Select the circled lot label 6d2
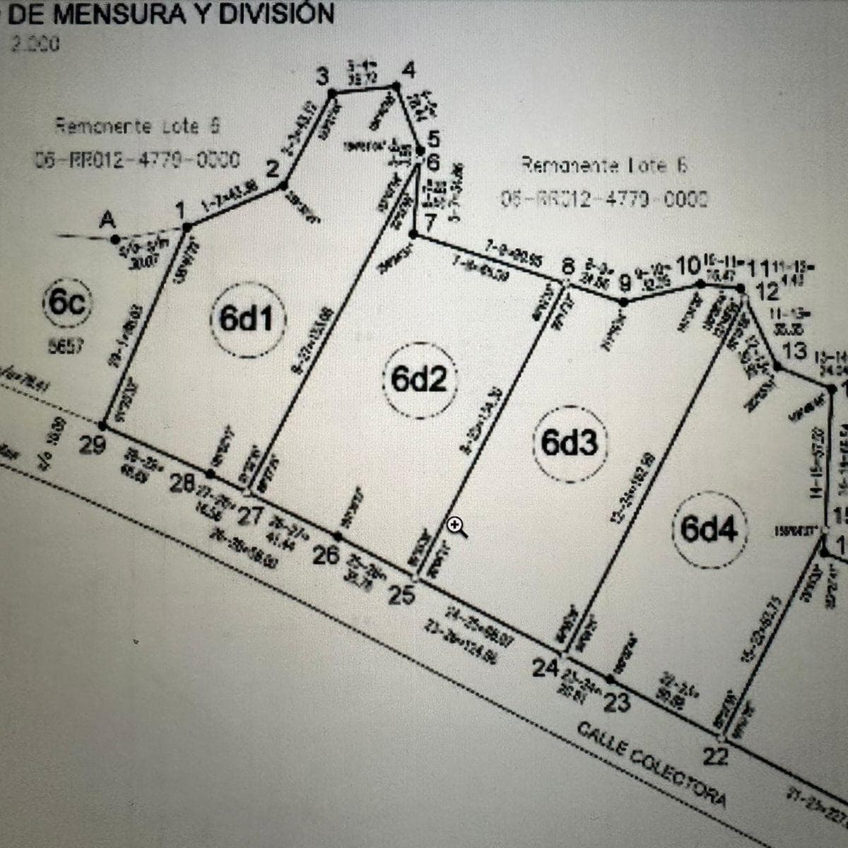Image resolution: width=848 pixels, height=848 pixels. pos(418,380)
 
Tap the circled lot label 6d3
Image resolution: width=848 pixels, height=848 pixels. pos(570,443)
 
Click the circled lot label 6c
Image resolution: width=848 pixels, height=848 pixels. pos(68,304)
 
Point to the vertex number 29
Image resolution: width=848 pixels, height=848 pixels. pos(93,447)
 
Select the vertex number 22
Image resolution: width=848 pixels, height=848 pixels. pos(716,757)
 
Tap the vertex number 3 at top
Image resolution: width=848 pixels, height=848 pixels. pos(323,76)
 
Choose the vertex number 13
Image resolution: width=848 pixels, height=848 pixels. pos(795,351)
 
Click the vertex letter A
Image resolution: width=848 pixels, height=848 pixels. pos(107,220)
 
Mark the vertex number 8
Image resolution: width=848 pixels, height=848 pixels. pos(569,267)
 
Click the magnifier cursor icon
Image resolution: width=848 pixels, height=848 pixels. pos(457,526)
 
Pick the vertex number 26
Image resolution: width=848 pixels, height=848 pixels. pos(326,555)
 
